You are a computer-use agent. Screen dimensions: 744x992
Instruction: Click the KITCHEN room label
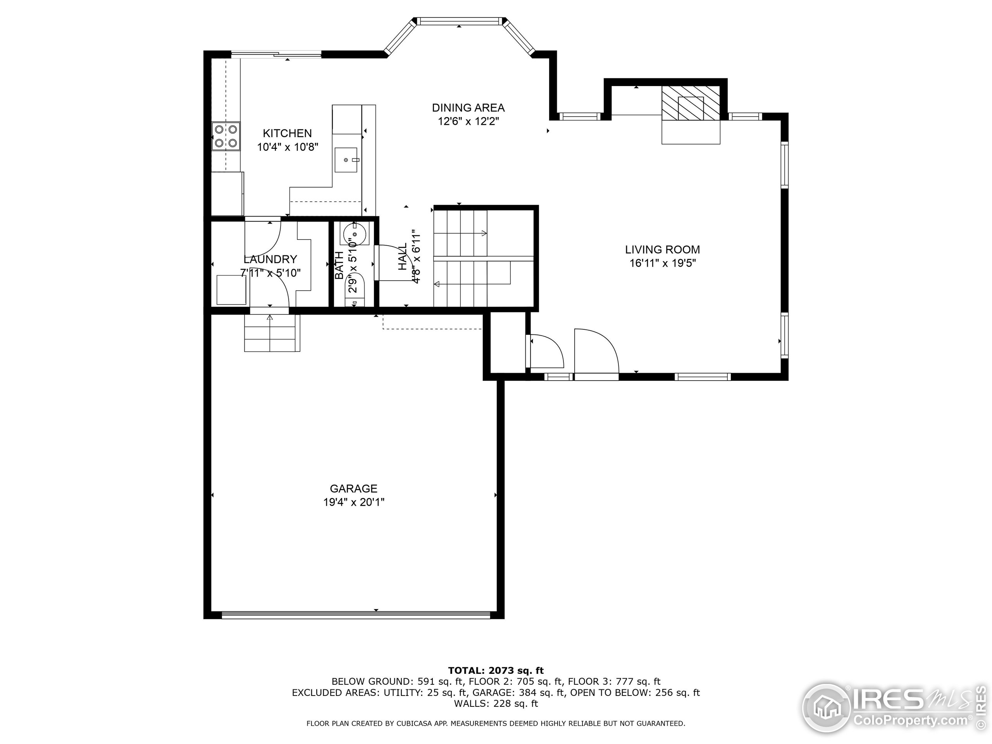coord(287,133)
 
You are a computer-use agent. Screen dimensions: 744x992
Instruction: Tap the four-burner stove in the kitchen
coord(226,136)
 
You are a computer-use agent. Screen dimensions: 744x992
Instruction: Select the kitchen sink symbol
coord(346,160)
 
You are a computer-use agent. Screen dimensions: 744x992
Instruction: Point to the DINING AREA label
coord(468,108)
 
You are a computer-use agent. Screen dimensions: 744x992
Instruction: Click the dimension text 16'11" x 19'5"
coord(662,263)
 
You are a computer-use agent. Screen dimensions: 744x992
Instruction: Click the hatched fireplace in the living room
coord(691,103)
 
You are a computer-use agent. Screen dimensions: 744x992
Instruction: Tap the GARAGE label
coord(353,488)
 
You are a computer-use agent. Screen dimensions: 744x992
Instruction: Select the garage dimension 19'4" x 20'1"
coord(353,502)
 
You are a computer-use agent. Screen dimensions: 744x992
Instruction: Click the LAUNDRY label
coord(270,259)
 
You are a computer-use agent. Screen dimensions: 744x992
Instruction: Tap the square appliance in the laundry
coord(231,290)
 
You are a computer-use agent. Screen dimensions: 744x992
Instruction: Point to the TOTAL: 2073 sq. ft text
coord(496,670)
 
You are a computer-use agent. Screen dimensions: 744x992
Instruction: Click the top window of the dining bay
coord(459,21)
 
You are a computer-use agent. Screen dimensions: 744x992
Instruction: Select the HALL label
coord(403,257)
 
